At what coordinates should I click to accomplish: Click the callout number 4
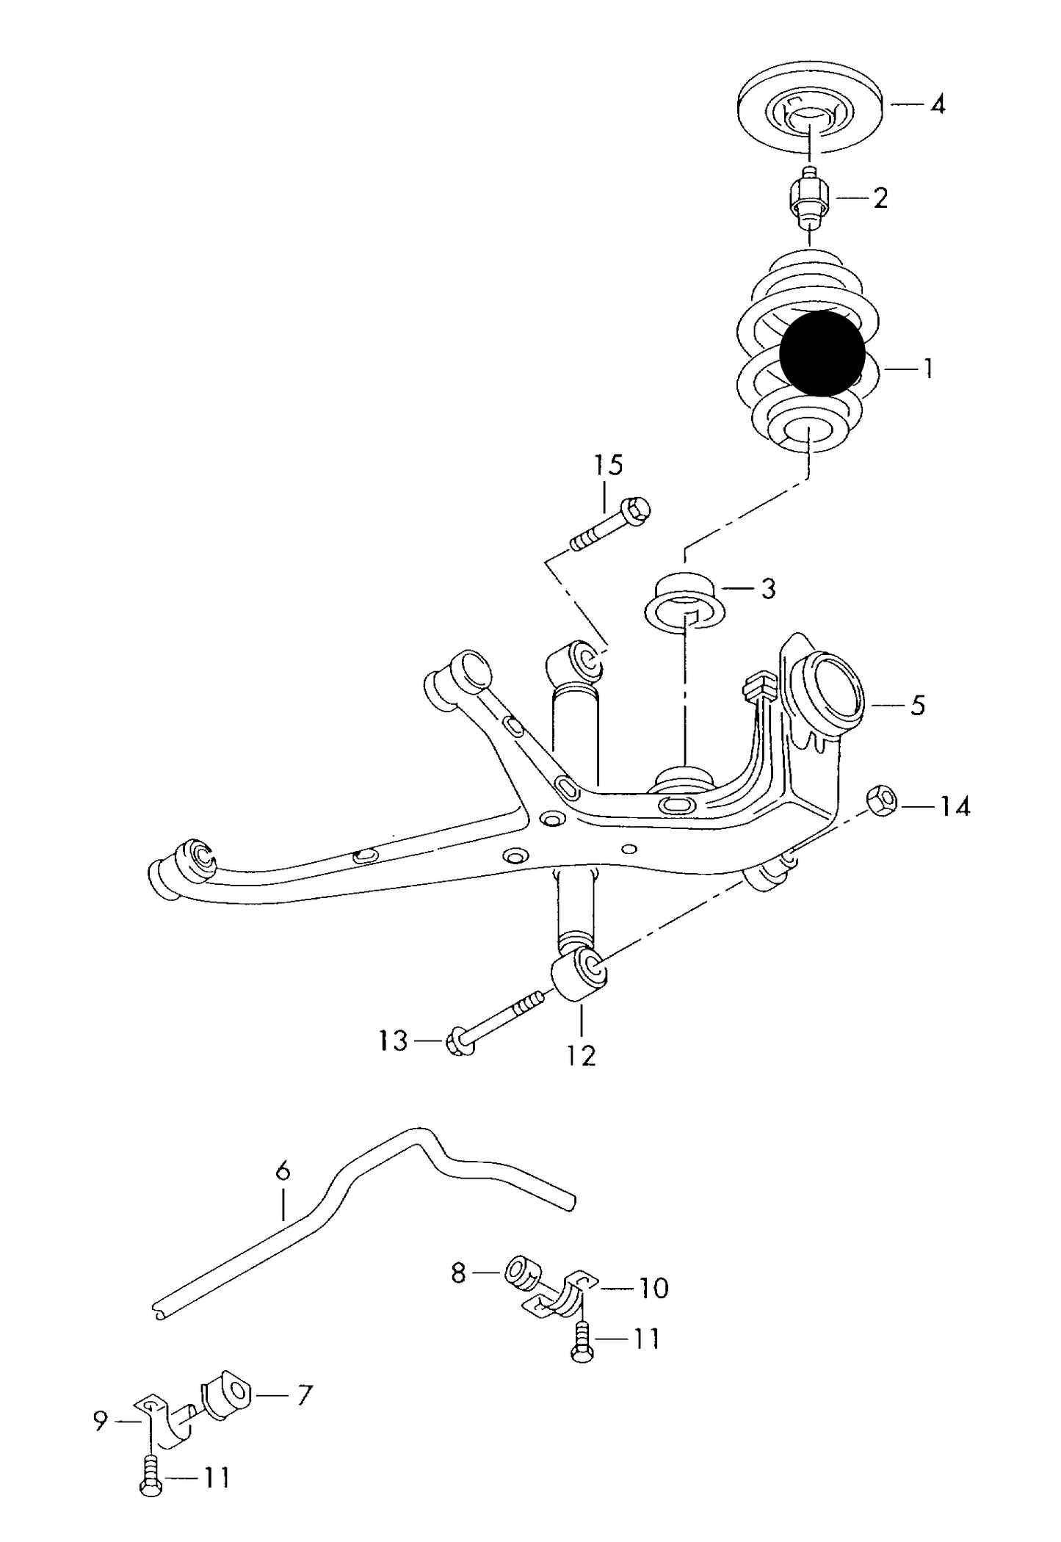coord(937,105)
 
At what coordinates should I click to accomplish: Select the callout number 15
coord(608,465)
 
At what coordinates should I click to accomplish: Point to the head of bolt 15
coord(635,509)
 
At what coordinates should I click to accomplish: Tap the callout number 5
coord(917,706)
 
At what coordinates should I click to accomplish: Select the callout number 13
coord(394,1040)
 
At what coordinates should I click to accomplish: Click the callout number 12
coord(581,1056)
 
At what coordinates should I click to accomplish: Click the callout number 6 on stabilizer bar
coord(283,1170)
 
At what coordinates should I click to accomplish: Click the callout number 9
coord(101,1421)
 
